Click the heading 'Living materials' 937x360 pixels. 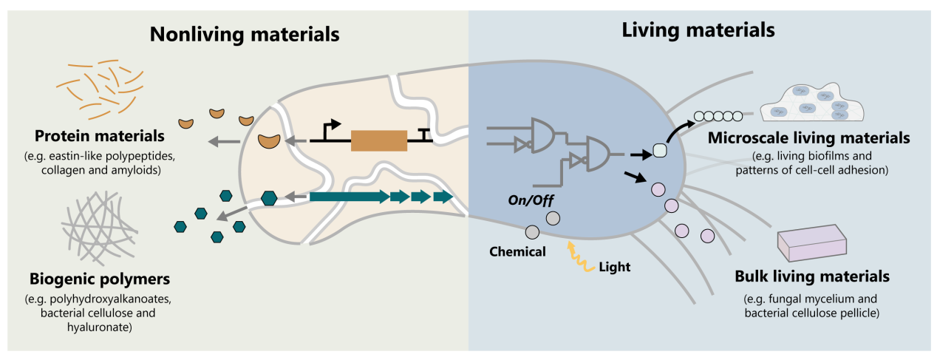tap(698, 30)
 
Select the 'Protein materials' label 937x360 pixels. tap(100, 137)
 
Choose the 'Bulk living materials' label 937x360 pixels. tap(811, 276)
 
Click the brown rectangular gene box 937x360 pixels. tap(378, 140)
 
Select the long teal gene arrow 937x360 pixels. tap(347, 197)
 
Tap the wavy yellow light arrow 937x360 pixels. tap(576, 254)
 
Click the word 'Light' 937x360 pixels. tap(614, 267)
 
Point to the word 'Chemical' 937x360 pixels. tap(517, 251)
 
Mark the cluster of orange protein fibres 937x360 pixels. tap(100, 89)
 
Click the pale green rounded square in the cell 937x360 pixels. tap(661, 151)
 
